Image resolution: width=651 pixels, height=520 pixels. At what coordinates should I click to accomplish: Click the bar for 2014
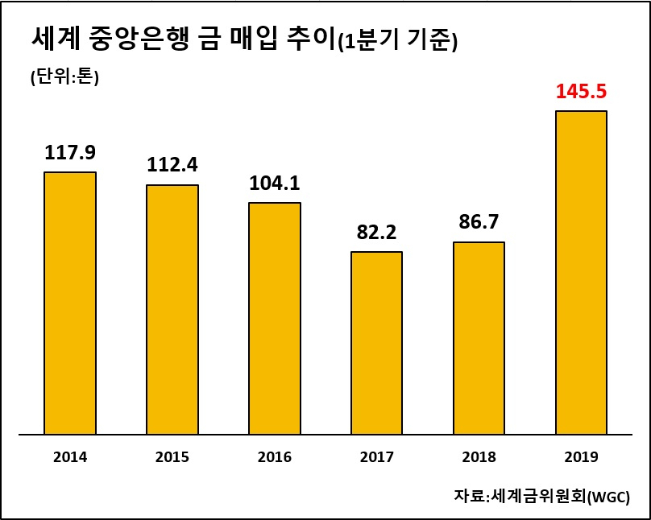coord(70,303)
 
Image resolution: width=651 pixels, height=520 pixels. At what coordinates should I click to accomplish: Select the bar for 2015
coord(172,310)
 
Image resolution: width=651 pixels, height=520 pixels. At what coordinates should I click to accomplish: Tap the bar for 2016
coord(275,319)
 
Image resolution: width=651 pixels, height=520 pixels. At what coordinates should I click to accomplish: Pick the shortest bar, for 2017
coord(376,343)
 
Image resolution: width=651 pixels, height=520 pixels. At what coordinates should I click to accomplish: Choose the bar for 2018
coord(479,338)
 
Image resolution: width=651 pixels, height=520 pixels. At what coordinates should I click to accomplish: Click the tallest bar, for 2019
coord(581,272)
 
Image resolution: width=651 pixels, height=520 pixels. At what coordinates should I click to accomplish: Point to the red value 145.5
coord(581,92)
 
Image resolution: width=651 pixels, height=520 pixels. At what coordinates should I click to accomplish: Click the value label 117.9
coord(70,153)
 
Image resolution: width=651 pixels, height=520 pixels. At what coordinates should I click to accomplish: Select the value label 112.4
coord(172,165)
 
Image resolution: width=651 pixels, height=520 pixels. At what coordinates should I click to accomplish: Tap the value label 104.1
coord(275,183)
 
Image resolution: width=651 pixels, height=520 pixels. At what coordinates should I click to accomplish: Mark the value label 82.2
coord(376,232)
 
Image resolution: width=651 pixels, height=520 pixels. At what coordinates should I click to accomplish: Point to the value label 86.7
coord(479,222)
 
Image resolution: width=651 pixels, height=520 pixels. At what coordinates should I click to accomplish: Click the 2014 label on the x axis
coord(70,457)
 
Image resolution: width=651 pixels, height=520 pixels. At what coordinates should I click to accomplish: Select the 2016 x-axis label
coord(275,457)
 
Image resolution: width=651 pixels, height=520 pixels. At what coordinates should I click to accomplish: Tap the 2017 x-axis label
coord(376,457)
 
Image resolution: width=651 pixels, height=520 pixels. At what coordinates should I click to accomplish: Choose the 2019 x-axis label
coord(581,457)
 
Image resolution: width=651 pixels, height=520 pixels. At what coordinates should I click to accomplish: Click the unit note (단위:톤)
coord(64,76)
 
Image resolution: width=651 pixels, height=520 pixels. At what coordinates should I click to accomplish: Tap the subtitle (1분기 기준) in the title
coord(398,42)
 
